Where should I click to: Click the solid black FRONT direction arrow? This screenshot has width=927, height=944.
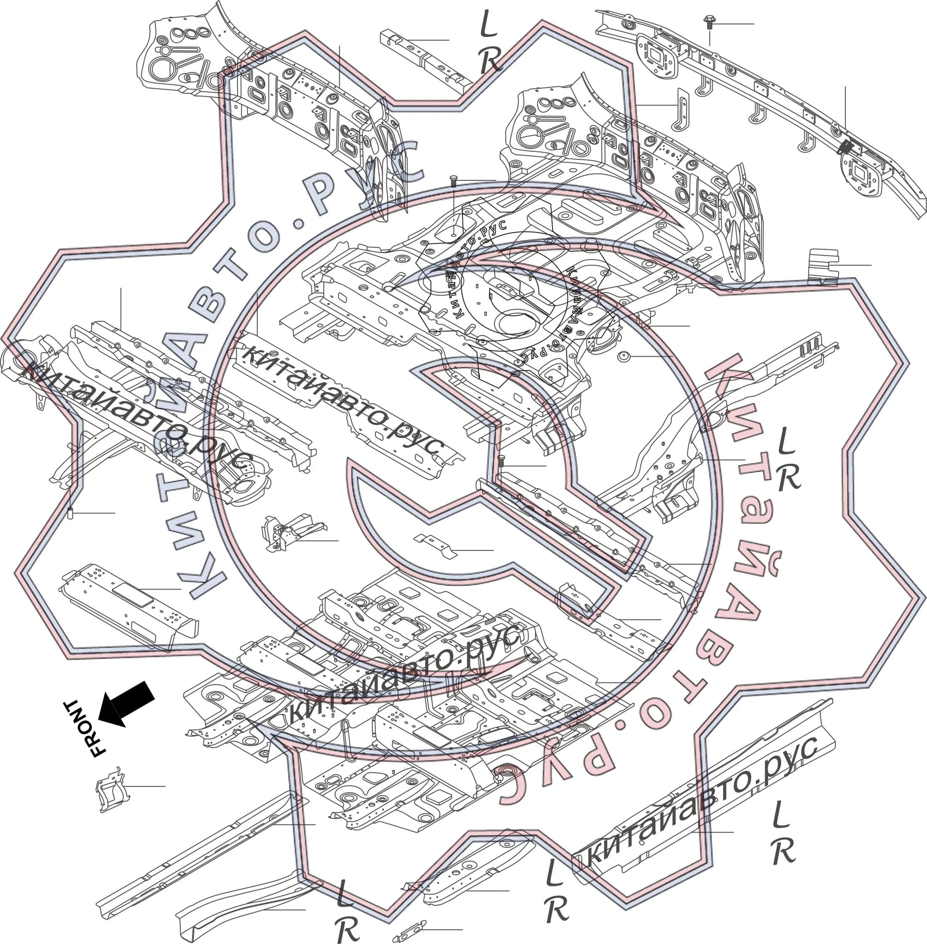(x=126, y=703)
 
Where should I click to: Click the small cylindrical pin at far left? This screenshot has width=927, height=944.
(x=70, y=513)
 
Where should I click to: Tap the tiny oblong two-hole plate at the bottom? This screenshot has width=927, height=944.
(x=409, y=931)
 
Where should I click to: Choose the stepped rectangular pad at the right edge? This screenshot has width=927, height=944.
(x=823, y=267)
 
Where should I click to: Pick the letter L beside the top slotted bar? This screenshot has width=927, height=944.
(x=489, y=24)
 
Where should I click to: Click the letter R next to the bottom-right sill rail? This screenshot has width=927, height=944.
(x=783, y=851)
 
